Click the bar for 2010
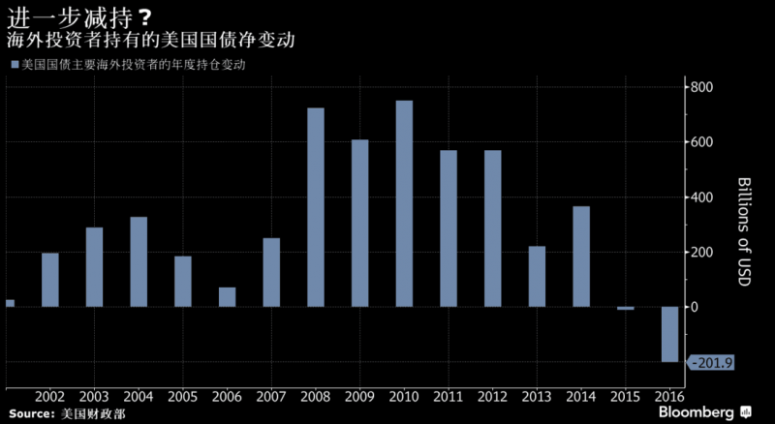click(404, 203)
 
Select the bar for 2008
click(316, 207)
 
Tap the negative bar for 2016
click(669, 334)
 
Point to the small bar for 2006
click(227, 297)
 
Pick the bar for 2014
click(581, 257)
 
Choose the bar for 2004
click(139, 261)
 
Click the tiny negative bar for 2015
click(625, 308)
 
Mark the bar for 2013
click(537, 277)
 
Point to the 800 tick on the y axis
click(701, 87)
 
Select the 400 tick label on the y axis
click(701, 197)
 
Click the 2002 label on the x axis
click(49, 397)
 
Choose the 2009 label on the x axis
click(359, 397)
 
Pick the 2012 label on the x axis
click(492, 397)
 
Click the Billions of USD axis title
click(745, 224)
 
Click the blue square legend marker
click(14, 64)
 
